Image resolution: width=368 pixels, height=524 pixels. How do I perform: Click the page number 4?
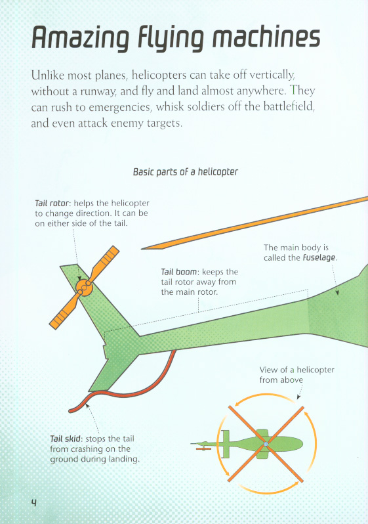[33, 502]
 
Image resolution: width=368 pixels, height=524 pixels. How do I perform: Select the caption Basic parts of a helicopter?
[186, 172]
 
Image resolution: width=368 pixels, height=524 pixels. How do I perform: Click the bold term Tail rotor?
[52, 203]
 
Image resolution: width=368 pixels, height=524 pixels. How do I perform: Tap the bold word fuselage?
[319, 258]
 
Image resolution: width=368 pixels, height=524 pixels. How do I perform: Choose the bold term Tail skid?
[66, 439]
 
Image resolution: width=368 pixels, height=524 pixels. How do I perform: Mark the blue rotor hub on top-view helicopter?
[266, 444]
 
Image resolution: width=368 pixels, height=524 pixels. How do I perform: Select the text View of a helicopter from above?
[297, 375]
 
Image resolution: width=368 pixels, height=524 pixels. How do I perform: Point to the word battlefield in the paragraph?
[289, 106]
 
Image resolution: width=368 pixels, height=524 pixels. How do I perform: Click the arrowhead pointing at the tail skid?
[87, 406]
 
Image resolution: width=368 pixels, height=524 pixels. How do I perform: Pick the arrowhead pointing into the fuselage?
[337, 292]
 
